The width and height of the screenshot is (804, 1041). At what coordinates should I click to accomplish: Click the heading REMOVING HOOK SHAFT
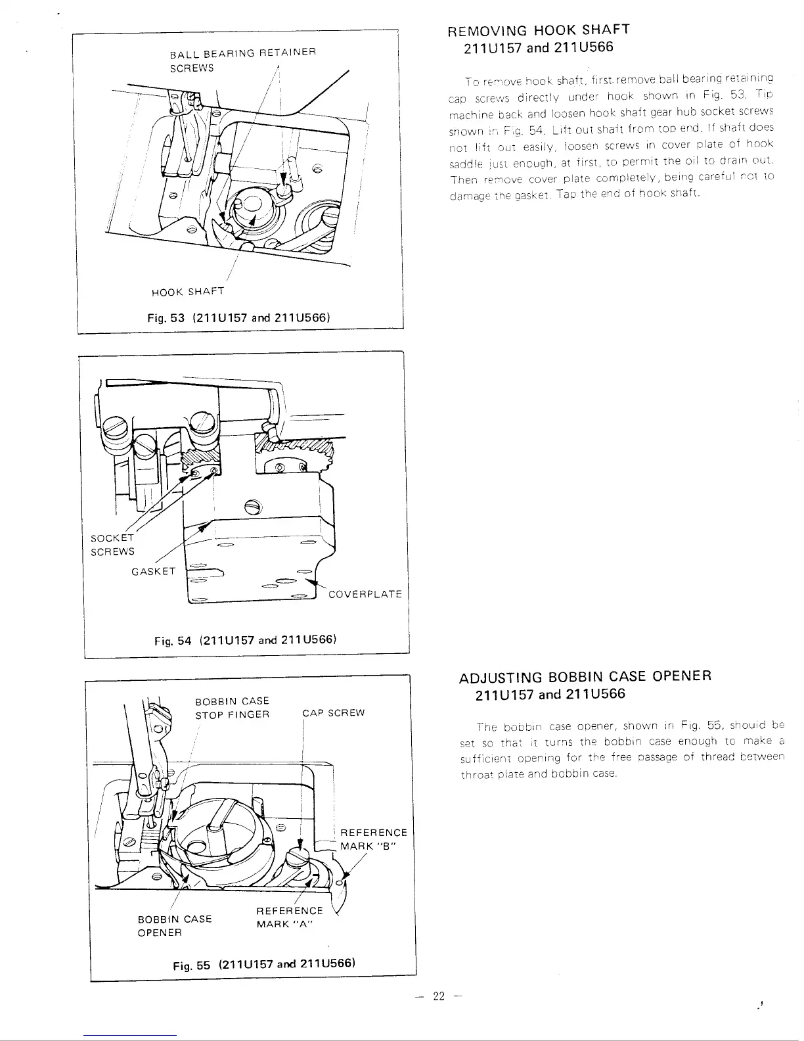pos(538,30)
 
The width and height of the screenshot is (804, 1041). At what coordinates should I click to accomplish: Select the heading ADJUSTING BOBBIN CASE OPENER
pos(585,676)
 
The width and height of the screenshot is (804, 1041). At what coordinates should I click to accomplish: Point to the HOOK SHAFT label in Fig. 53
pos(187,291)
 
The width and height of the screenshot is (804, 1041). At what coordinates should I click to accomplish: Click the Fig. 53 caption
pos(238,317)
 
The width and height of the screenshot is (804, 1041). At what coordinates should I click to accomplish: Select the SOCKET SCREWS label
pos(112,545)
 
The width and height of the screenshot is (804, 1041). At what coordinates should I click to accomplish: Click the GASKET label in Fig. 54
pos(154,571)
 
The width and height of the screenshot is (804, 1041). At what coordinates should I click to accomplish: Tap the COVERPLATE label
pos(365,594)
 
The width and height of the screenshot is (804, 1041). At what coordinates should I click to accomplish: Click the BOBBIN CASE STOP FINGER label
pos(233,707)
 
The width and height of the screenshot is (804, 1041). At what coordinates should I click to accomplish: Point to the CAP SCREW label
pos(334,713)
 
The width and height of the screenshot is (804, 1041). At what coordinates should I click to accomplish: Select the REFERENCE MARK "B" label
pos(373,839)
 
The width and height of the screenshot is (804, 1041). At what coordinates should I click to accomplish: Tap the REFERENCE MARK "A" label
pos(289,917)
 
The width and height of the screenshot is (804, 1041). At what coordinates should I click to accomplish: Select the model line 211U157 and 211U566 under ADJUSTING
pos(550,694)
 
